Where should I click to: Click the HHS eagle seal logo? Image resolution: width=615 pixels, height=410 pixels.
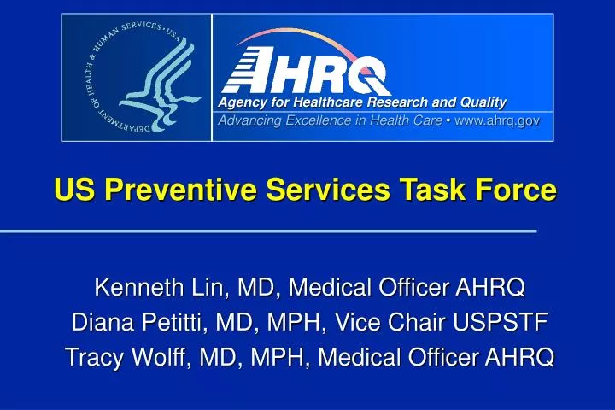pyautogui.click(x=137, y=77)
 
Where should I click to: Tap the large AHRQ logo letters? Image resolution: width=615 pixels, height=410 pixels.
pyautogui.click(x=306, y=70)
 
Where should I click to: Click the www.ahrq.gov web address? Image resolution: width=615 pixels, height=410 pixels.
pyautogui.click(x=497, y=120)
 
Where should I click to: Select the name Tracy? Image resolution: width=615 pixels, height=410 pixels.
pyautogui.click(x=95, y=357)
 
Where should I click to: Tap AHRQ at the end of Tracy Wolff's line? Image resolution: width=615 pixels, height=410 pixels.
pyautogui.click(x=518, y=357)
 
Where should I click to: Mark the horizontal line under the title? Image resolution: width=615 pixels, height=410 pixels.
pyautogui.click(x=268, y=231)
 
